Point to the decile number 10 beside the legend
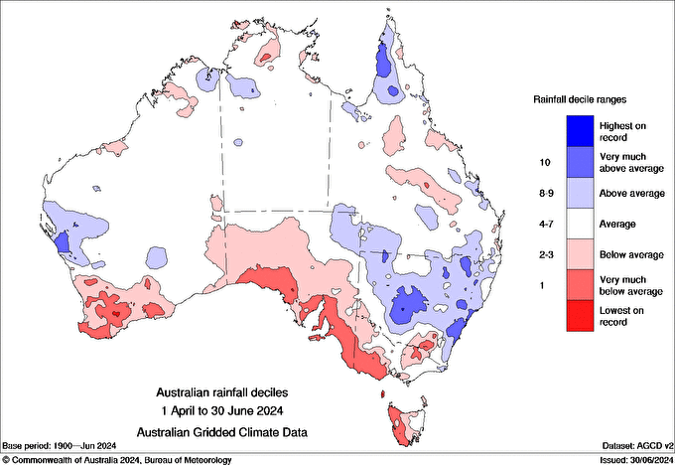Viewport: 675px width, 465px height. [544, 161]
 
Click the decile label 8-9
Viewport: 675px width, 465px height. [544, 193]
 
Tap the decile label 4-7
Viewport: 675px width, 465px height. [544, 224]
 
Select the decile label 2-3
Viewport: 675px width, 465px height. [544, 255]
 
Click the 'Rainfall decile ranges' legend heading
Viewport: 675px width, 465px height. [581, 100]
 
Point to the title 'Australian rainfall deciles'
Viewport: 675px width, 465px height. [231, 393]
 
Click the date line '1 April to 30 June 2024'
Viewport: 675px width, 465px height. [231, 411]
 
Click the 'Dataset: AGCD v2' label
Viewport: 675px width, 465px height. [629, 446]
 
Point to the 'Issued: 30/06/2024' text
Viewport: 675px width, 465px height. [630, 459]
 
